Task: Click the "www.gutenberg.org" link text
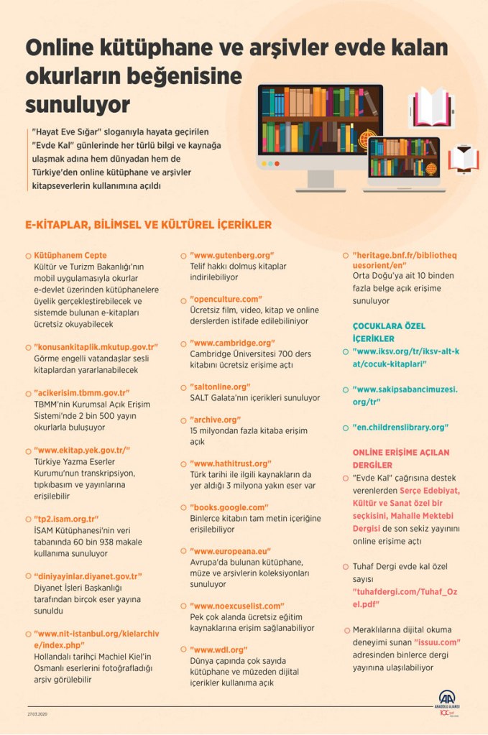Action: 232,255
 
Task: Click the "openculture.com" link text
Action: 226,299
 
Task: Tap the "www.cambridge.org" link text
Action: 232,343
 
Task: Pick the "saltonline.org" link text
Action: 220,387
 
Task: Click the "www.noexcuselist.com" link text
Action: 237,606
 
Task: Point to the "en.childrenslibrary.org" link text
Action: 400,427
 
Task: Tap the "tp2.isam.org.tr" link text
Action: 66,519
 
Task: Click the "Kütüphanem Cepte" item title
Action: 70,255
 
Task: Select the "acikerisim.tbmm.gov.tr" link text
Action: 81,393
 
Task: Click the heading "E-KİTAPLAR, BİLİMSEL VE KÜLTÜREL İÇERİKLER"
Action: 148,225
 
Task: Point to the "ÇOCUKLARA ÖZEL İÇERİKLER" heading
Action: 383,332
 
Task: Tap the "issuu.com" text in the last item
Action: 438,642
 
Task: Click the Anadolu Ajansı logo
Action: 448,701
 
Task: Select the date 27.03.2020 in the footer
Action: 37,715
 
